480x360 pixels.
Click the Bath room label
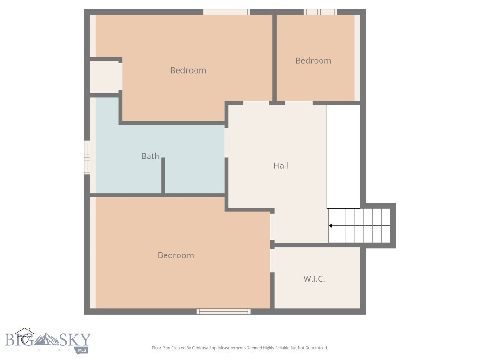pos(150,156)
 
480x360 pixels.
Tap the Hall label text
pos(281,165)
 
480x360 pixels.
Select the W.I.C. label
pos(314,278)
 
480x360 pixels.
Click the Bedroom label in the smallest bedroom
pos(313,60)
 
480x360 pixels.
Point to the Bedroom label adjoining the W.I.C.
pos(176,255)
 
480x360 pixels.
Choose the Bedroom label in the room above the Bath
pos(188,70)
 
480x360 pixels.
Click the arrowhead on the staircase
pos(330,226)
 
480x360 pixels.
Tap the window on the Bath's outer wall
pos(87,157)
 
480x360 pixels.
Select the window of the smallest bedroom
pos(320,12)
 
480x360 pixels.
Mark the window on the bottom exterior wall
pos(224,311)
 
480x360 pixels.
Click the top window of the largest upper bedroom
pos(227,12)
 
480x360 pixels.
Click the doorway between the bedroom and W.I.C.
pos(272,260)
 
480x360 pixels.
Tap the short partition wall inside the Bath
pos(163,175)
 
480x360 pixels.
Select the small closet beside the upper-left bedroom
pos(105,77)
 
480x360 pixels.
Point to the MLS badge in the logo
pos(83,350)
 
